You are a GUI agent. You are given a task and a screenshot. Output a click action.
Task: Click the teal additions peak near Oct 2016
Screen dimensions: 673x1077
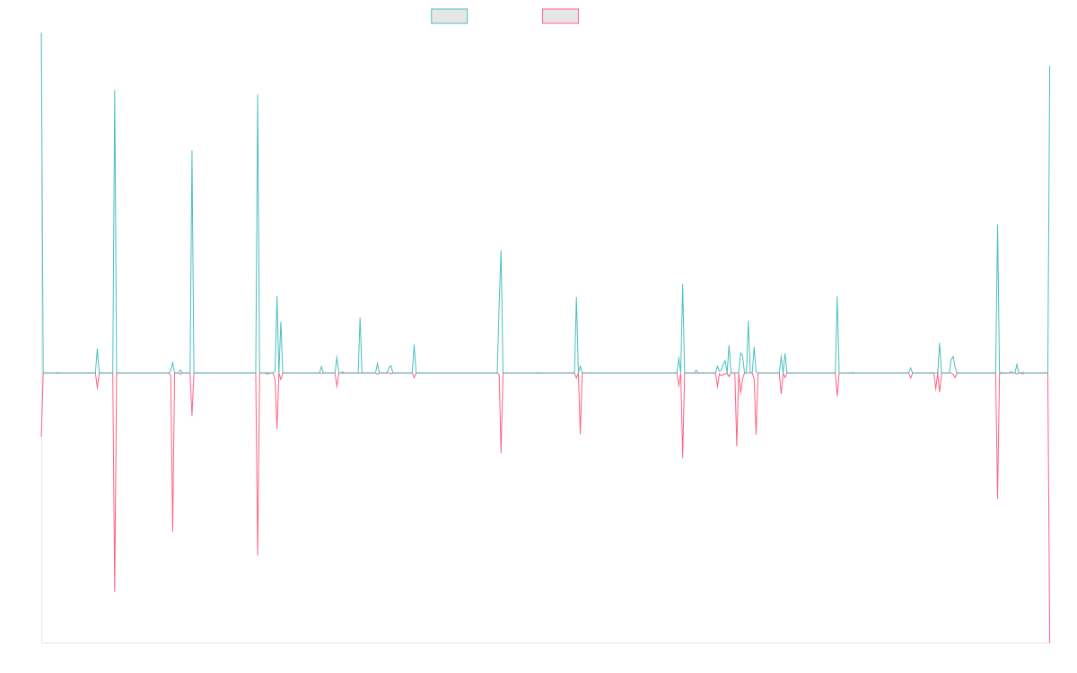click(x=115, y=91)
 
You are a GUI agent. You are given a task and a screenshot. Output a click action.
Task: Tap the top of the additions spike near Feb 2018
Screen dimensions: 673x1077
click(x=258, y=95)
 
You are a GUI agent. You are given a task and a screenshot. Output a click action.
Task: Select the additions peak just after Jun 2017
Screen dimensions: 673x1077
click(x=192, y=151)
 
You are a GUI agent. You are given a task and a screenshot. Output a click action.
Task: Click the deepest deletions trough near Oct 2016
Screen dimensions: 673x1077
click(x=115, y=591)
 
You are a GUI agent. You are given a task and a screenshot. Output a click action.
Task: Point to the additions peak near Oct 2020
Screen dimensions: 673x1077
click(x=501, y=250)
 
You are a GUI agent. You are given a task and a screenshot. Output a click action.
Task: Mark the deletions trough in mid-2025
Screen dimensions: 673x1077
click(x=998, y=498)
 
